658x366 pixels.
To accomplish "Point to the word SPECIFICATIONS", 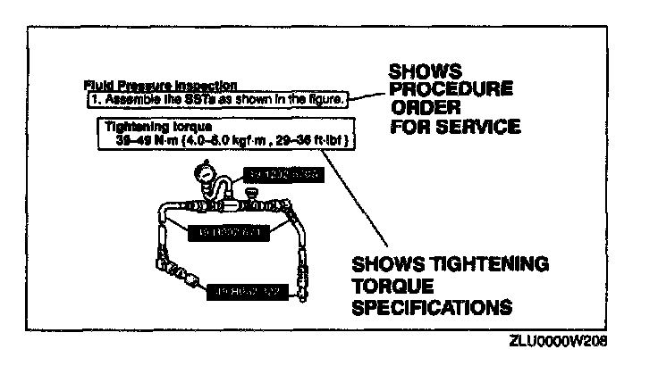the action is click(432, 306).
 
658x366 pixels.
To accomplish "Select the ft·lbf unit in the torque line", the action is click(334, 139).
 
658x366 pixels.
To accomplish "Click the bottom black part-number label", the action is click(247, 290).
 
